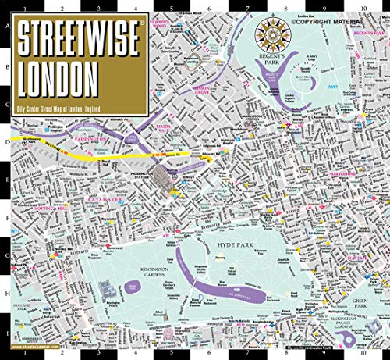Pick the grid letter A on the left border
(7, 24)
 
